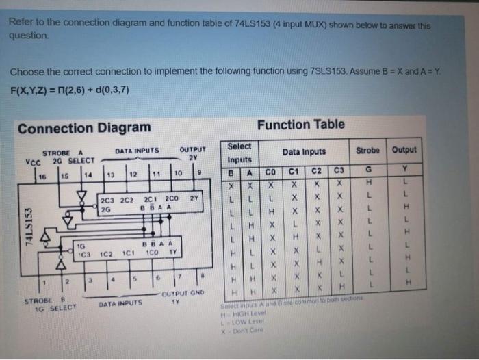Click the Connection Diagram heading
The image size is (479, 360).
click(x=84, y=128)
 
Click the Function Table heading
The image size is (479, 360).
click(x=300, y=124)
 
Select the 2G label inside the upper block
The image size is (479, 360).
click(x=105, y=209)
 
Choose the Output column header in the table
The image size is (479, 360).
click(x=404, y=150)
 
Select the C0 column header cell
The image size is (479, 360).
click(x=270, y=172)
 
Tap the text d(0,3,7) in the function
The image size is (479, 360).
click(x=103, y=90)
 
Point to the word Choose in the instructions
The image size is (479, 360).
click(x=25, y=72)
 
